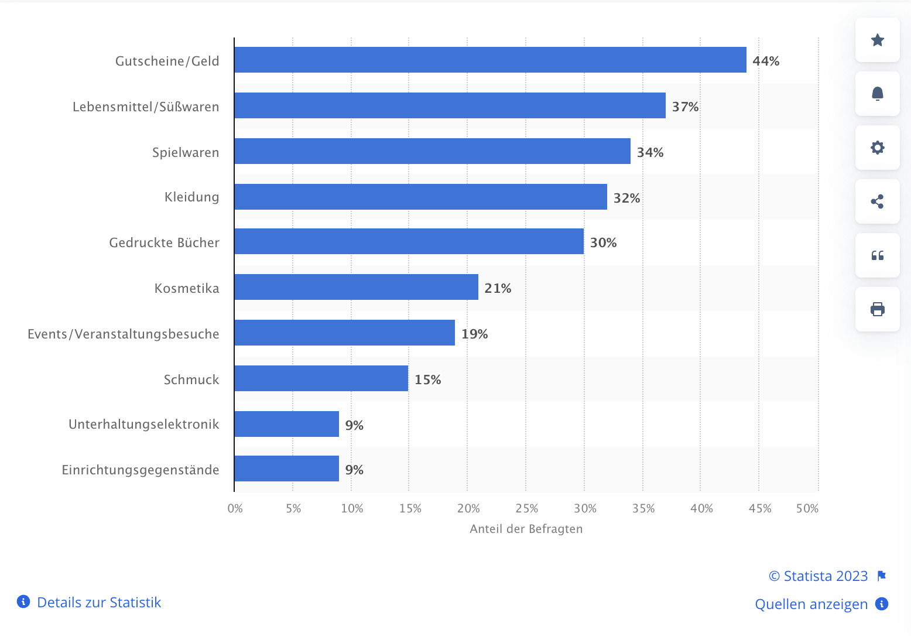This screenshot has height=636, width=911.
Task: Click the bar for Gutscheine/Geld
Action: [490, 60]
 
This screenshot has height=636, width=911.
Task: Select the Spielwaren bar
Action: [432, 151]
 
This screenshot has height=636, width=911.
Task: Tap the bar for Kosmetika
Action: [356, 287]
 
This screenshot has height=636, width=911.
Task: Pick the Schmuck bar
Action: [321, 378]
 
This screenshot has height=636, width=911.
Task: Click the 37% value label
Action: [685, 107]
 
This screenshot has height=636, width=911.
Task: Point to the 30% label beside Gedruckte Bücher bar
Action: [603, 242]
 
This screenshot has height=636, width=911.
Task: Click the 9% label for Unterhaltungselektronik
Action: [354, 425]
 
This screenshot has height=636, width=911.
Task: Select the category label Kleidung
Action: [191, 197]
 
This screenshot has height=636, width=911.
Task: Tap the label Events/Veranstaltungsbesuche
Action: [124, 334]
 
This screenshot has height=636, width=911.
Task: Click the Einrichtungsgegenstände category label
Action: [141, 470]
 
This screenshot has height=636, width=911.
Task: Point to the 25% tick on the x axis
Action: [527, 508]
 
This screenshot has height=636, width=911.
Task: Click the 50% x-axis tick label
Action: [807, 508]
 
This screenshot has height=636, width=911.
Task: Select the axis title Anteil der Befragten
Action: [526, 529]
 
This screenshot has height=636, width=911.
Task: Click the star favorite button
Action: [877, 40]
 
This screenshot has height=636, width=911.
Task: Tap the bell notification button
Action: [877, 94]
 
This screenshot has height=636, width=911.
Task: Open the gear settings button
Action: [877, 148]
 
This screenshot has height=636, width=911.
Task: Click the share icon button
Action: [877, 201]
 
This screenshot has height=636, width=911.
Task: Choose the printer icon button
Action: [877, 309]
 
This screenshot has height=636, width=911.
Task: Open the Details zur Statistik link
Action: [98, 602]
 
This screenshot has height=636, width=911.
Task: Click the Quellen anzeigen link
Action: [811, 604]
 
